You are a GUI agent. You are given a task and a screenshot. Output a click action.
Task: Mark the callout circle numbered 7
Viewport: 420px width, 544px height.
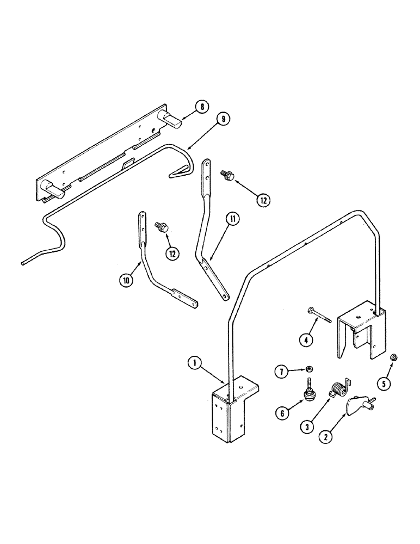(x=282, y=371)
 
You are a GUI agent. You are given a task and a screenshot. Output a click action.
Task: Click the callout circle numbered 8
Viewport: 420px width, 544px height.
(x=202, y=107)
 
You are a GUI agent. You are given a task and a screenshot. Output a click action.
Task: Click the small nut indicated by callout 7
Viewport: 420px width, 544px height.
(x=307, y=367)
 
